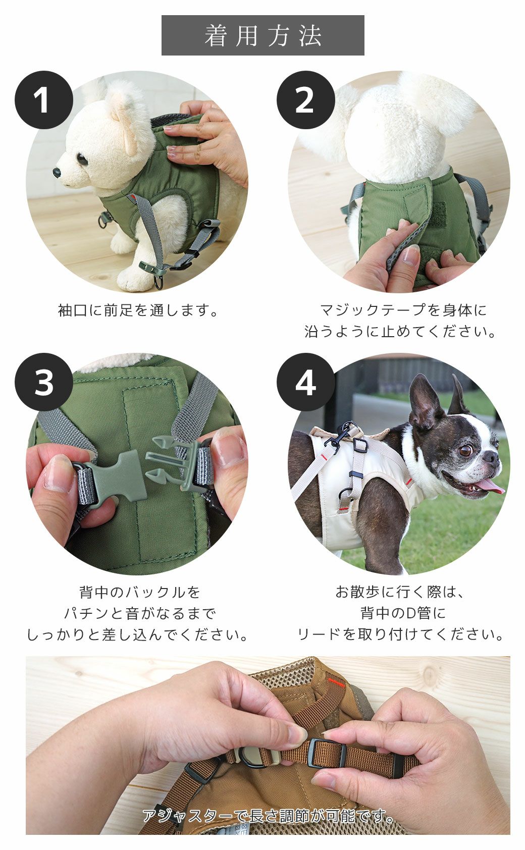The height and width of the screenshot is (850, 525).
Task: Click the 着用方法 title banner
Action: pyautogui.click(x=262, y=35)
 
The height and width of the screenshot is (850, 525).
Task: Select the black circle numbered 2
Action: pyautogui.click(x=305, y=100)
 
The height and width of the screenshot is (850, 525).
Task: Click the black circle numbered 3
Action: pyautogui.click(x=44, y=382)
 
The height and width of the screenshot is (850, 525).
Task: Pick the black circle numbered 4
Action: pyautogui.click(x=305, y=382)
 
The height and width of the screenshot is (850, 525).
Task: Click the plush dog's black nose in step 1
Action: pyautogui.click(x=57, y=173)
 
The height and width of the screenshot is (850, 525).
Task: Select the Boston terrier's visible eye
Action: pyautogui.click(x=465, y=450)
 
